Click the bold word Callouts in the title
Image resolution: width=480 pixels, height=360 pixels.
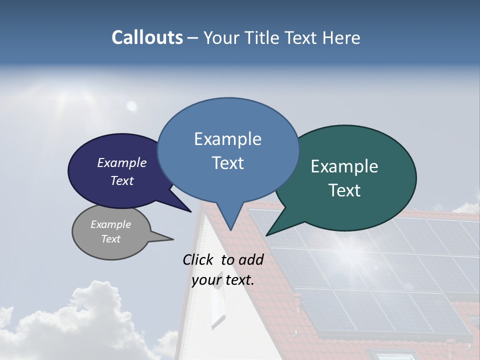[147, 38]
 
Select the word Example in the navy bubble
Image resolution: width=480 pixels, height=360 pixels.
[121, 162]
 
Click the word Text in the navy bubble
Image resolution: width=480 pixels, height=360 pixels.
[121, 180]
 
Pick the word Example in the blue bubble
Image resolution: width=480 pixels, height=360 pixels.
[227, 139]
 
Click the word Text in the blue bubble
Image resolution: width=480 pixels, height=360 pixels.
[227, 163]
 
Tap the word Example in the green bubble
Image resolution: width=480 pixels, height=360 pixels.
[344, 166]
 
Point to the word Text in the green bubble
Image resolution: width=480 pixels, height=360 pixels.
[344, 190]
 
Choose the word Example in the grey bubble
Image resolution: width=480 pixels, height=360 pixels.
[110, 224]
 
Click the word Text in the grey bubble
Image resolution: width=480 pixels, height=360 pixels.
[110, 239]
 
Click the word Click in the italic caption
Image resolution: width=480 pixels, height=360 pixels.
[198, 259]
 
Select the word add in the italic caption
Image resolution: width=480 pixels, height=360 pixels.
[250, 259]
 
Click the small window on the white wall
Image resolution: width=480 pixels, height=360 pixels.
[217, 305]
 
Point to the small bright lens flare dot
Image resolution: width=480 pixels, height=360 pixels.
[131, 105]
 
